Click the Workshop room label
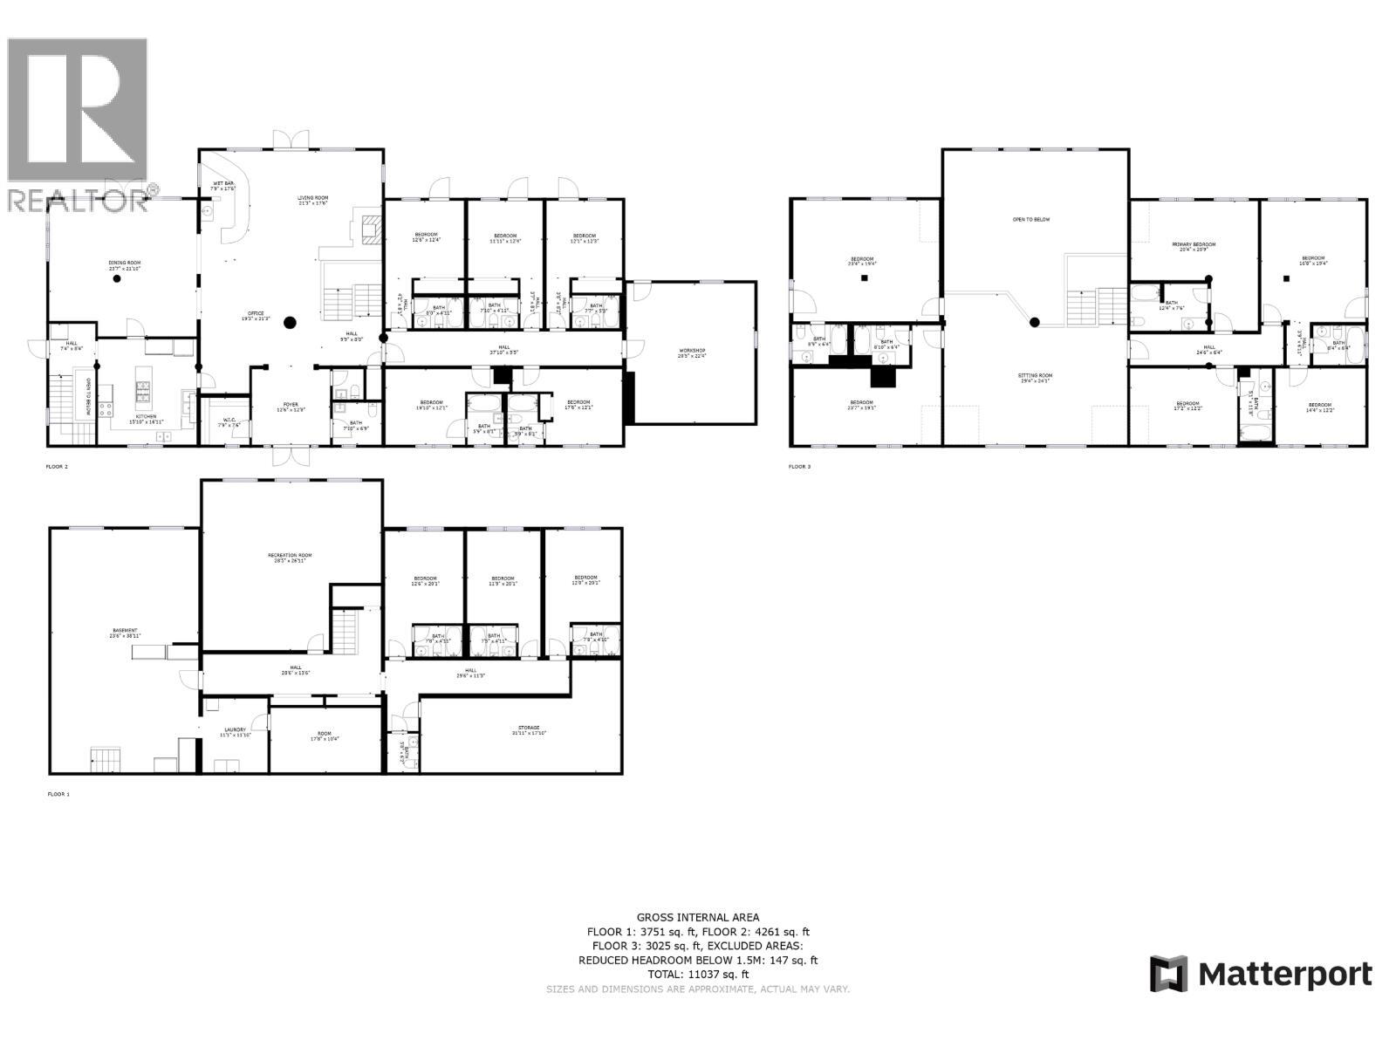[x=692, y=352]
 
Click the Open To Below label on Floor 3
[x=1031, y=220]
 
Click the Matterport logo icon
[x=1169, y=974]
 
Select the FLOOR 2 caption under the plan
[x=57, y=467]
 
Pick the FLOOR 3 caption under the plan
[x=799, y=467]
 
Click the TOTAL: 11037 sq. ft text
[x=698, y=975]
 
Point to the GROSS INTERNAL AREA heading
[x=698, y=917]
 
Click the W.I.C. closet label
[x=227, y=422]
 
